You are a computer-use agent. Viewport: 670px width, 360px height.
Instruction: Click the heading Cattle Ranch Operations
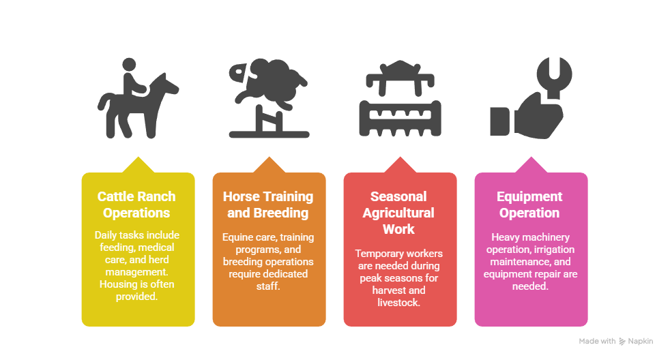pos(136,205)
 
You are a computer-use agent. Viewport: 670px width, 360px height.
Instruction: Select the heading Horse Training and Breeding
pos(268,205)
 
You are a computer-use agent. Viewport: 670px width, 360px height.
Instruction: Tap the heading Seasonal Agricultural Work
pos(398,213)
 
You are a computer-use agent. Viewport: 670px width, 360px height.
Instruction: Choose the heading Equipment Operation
pos(529,205)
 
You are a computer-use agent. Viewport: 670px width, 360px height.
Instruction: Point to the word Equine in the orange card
pos(236,237)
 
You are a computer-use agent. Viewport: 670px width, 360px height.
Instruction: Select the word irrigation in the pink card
pos(554,250)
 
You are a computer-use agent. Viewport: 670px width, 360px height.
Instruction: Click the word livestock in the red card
pos(398,302)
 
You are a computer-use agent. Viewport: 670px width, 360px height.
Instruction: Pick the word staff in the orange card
pos(268,286)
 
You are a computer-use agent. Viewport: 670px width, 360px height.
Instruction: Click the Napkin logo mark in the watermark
pos(622,341)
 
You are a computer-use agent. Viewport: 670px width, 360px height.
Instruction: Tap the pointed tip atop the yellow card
pos(138,157)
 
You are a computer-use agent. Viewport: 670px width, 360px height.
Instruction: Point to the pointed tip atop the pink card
pos(531,157)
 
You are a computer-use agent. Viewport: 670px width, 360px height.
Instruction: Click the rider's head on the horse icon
pos(129,65)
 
